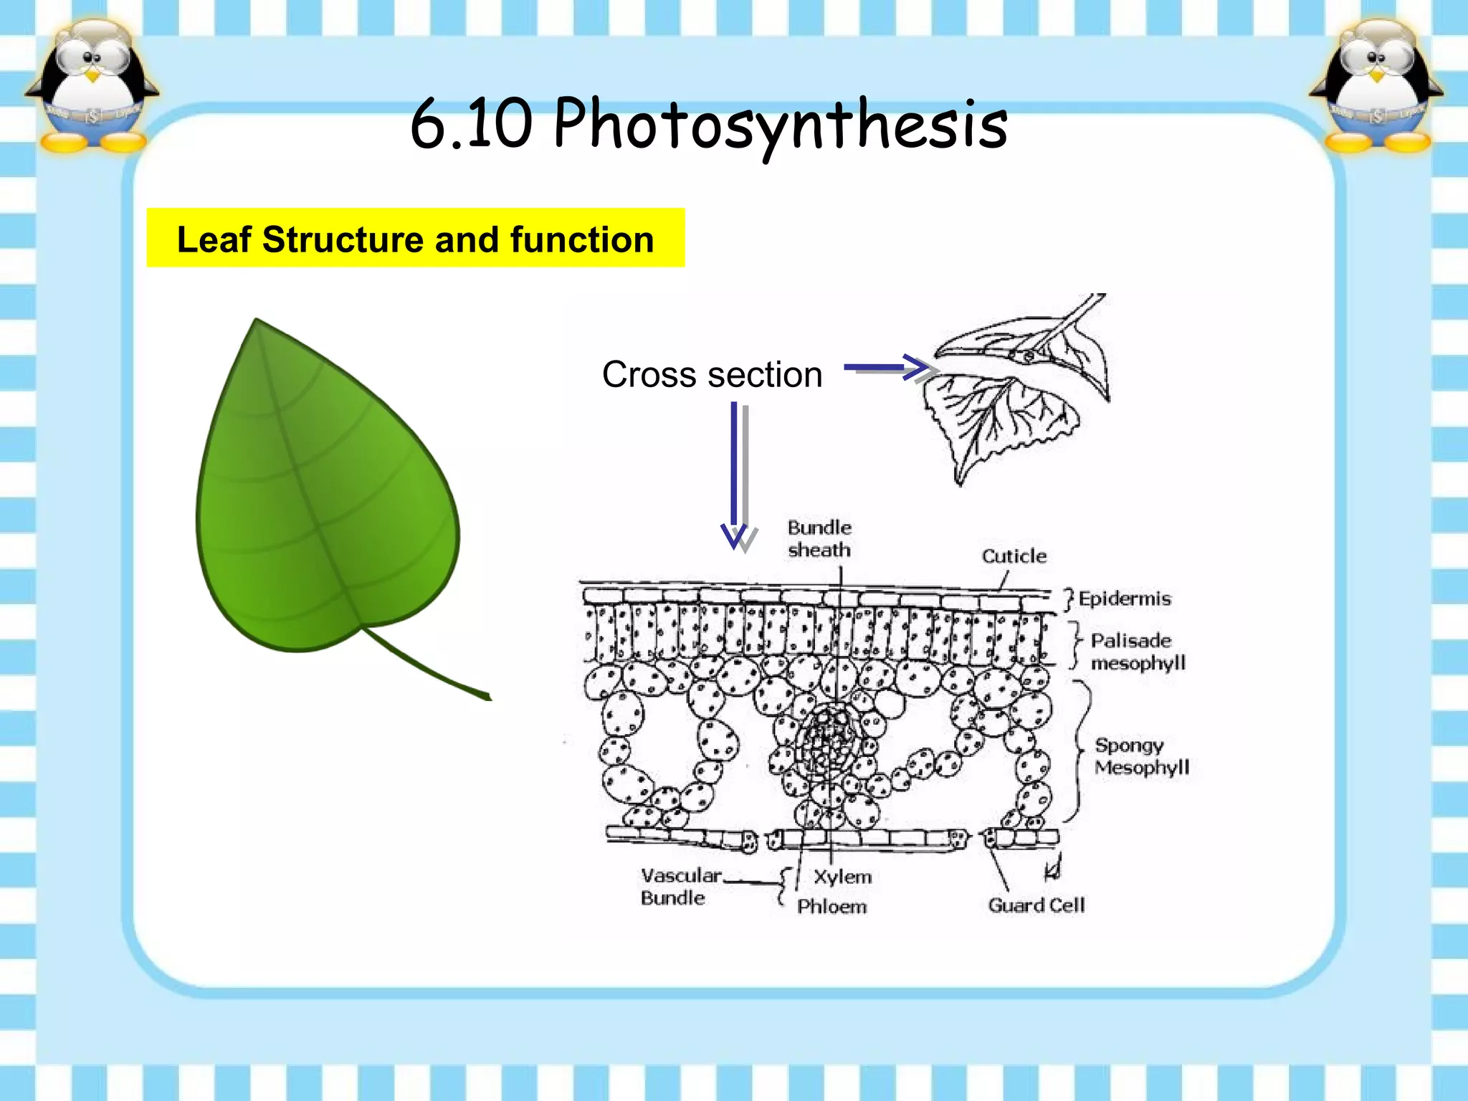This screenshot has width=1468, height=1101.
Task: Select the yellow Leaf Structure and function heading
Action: point(415,239)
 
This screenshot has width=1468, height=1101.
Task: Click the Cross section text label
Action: point(712,374)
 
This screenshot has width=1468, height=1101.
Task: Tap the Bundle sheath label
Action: point(819,538)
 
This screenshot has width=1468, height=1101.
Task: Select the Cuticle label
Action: point(1014,556)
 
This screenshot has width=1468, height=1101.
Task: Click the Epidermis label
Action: point(1124,599)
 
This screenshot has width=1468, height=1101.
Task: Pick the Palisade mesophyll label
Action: point(1137,652)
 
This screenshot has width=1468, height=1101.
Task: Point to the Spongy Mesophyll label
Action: point(1141,756)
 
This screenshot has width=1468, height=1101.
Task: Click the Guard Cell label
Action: point(1036,905)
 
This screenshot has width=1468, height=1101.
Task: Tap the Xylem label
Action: point(842,877)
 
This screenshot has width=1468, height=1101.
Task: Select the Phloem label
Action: point(831,907)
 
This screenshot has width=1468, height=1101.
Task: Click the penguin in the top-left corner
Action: point(91,86)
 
